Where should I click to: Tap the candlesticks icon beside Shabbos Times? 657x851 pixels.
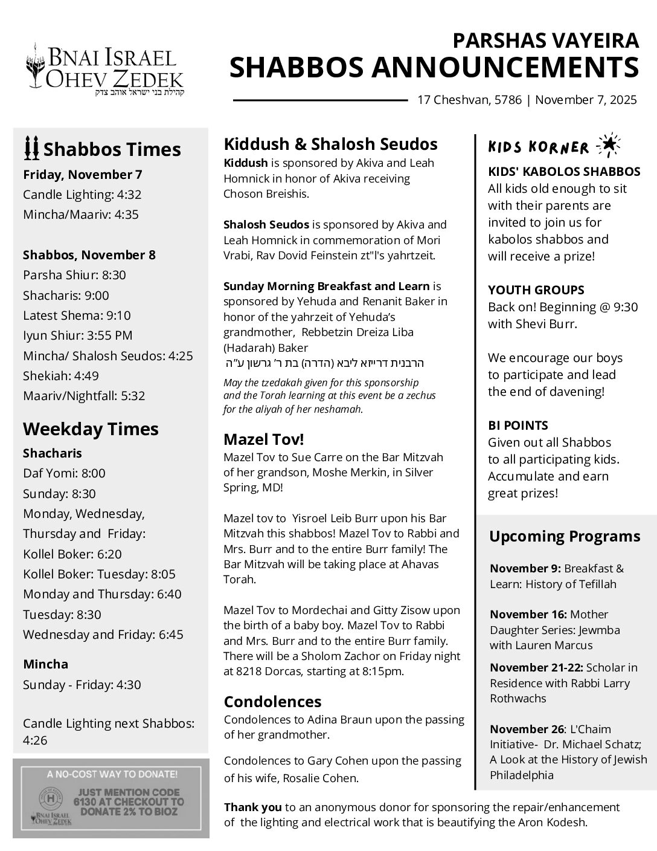(31, 148)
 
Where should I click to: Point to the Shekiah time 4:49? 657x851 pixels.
(86, 376)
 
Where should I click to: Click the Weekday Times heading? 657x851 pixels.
(91, 429)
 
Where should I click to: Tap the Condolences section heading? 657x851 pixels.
(272, 702)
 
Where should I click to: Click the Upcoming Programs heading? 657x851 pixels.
(565, 537)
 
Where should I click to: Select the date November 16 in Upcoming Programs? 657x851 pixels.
(528, 615)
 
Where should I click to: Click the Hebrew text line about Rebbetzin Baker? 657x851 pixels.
(324, 364)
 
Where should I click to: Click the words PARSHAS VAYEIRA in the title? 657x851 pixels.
(545, 40)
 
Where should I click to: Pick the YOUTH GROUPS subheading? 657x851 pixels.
(536, 290)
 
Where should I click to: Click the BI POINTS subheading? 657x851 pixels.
(518, 425)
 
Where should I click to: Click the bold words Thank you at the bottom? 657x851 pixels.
(252, 807)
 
